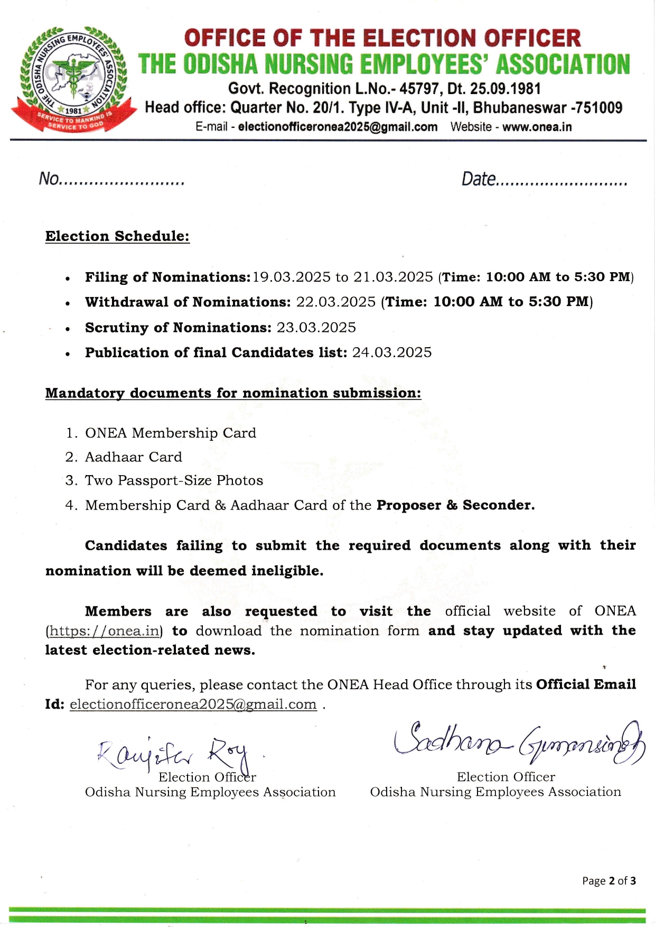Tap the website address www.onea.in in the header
point(537,127)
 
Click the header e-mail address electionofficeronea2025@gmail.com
point(338,127)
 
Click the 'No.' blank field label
point(49,179)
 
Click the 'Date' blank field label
point(478,179)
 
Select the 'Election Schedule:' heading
point(117,236)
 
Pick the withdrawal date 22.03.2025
point(335,302)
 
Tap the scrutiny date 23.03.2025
point(316,327)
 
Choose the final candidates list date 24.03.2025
point(392,352)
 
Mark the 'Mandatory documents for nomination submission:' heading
point(233,393)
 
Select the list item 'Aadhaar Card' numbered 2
point(133,457)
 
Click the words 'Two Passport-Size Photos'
point(174,480)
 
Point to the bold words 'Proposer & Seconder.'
point(455,505)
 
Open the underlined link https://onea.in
point(104,631)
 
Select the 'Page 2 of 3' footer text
point(609,880)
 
